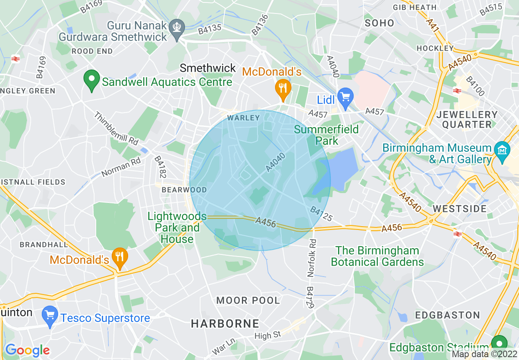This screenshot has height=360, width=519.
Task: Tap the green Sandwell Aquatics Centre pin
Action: click(91, 81)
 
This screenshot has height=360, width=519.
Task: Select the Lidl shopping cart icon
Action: click(346, 97)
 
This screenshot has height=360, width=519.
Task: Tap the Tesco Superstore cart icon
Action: click(50, 316)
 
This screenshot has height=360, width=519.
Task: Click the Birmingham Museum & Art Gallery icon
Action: click(501, 150)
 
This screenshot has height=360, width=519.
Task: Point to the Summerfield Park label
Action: click(327, 135)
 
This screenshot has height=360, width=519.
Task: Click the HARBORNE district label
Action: click(225, 324)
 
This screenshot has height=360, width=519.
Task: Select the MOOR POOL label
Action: click(248, 301)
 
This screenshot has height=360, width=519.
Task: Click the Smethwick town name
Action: click(208, 68)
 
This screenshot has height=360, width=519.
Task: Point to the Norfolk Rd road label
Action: click(313, 258)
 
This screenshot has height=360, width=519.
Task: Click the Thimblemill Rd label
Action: click(116, 128)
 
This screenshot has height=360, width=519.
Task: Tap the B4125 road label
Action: click(321, 214)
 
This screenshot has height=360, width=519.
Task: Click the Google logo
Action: click(27, 350)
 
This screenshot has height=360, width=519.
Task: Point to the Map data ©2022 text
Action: click(485, 355)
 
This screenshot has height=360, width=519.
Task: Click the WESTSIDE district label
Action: click(460, 209)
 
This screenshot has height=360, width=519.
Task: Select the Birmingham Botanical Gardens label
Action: click(377, 256)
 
